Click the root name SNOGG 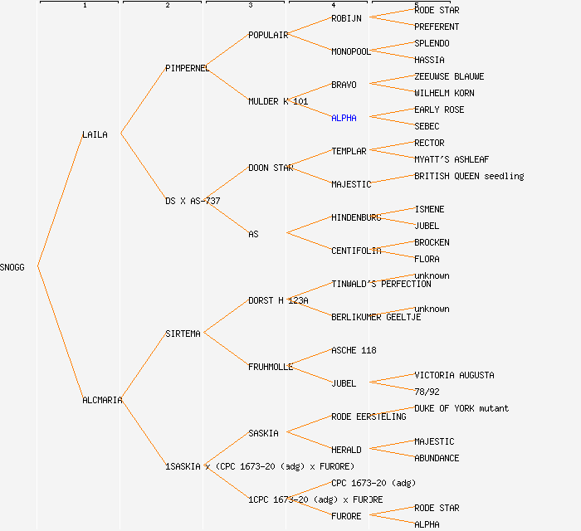click(12, 267)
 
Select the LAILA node click(95, 134)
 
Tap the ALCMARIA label click(102, 400)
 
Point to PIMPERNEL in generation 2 click(187, 68)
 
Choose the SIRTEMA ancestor click(183, 334)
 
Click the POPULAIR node click(268, 35)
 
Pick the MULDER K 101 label click(278, 101)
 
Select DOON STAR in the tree click(271, 168)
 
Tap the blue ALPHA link click(344, 118)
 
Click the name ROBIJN click(346, 18)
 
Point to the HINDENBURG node click(356, 217)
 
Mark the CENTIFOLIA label click(356, 251)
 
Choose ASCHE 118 click(354, 350)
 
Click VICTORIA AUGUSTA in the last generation click(454, 375)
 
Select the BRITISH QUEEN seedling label click(469, 176)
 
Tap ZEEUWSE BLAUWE click(449, 76)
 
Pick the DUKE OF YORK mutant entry click(461, 408)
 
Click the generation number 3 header click(250, 6)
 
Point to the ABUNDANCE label click(437, 458)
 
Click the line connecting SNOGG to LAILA click(60, 199)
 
